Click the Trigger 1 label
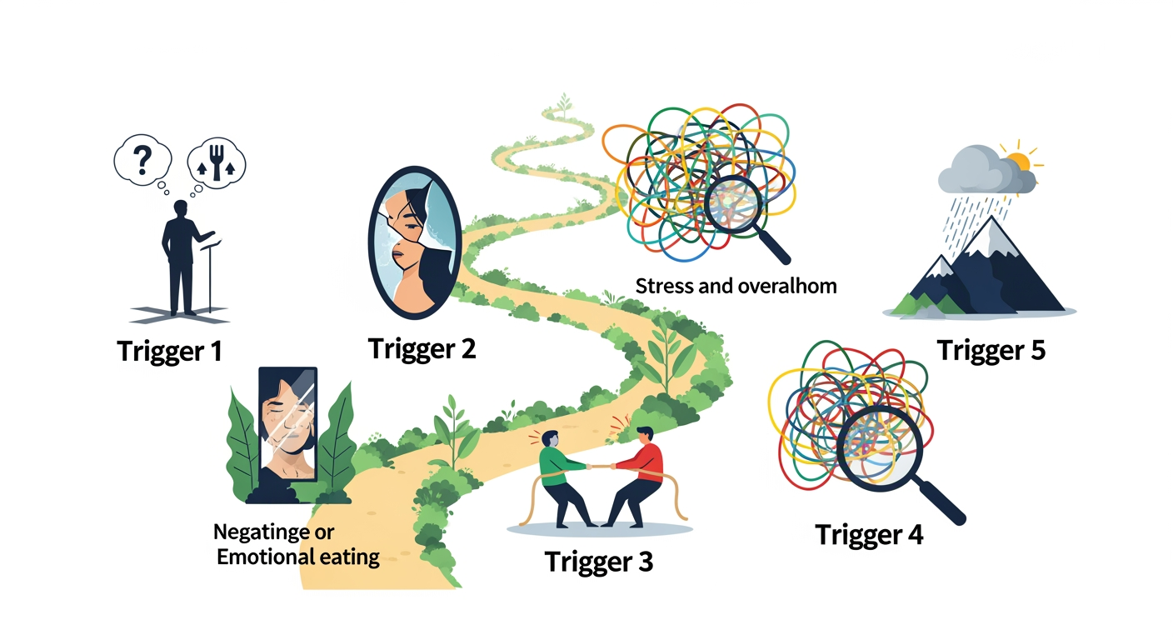(x=170, y=351)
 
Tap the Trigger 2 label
(x=422, y=347)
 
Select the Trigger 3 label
(x=598, y=561)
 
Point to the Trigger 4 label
(x=869, y=534)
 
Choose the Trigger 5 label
(x=991, y=351)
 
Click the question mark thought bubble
(x=142, y=158)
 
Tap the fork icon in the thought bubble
(x=218, y=162)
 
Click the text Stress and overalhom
(x=736, y=287)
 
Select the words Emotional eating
(x=298, y=557)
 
